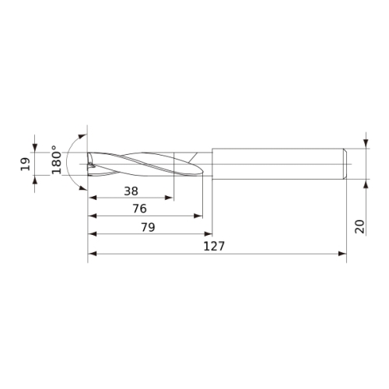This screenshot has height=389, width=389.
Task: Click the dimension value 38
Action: click(131, 191)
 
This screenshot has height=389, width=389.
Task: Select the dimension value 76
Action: click(139, 209)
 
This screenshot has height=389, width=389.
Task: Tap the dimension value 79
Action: click(148, 227)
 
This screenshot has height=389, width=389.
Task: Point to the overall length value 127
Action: click(214, 246)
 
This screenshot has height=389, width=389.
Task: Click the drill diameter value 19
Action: click(26, 164)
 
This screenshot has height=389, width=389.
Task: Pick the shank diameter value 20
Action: click(359, 226)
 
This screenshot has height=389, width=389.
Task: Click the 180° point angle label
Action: click(57, 159)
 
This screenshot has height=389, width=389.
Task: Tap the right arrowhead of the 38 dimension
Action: click(169, 198)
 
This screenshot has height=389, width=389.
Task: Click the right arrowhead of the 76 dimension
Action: click(198, 216)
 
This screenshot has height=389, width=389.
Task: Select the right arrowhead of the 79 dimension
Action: click(209, 234)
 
